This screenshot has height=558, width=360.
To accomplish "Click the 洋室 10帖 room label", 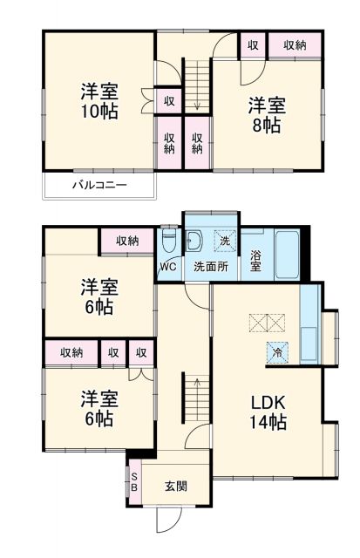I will click(100, 100).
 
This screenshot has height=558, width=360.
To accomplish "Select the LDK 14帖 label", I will click(269, 412).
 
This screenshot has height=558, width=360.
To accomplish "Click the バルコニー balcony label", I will click(99, 186).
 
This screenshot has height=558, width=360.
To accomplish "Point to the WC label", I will click(169, 266).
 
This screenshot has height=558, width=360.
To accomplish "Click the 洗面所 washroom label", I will click(211, 267).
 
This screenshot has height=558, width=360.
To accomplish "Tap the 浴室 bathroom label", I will click(255, 262).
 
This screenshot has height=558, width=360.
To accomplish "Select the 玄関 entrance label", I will click(177, 486).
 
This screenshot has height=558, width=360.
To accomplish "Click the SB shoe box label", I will click(134, 482).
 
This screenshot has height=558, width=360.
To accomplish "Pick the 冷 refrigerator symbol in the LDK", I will click(276, 352).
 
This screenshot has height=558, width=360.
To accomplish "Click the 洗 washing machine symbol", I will click(224, 240).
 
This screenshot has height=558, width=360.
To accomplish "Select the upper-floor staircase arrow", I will click(198, 87).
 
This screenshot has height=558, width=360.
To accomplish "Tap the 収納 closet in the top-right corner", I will click(295, 44).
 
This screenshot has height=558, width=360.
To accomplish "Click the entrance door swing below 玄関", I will click(167, 520).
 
